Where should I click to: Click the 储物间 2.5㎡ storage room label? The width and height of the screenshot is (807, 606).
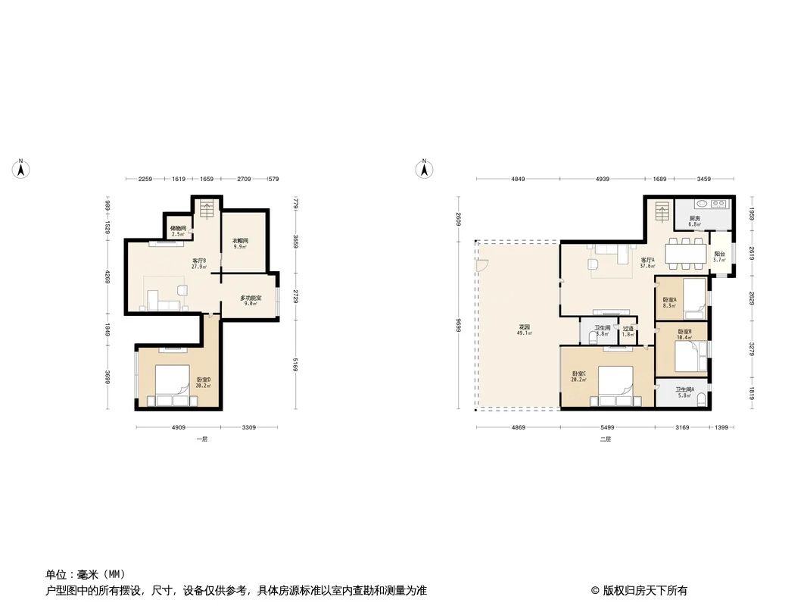click(x=179, y=230)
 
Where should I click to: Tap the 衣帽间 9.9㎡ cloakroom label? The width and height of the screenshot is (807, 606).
click(x=241, y=243)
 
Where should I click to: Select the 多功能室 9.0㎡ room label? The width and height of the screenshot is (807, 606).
click(x=251, y=301)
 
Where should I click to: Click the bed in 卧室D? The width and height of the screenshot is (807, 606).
click(x=173, y=383)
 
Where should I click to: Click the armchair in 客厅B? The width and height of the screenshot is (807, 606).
click(x=182, y=289)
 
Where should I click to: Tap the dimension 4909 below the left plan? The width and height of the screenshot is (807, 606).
click(x=178, y=428)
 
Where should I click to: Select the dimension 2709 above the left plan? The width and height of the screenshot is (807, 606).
click(x=244, y=180)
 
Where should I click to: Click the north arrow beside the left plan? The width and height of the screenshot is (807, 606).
click(x=22, y=170)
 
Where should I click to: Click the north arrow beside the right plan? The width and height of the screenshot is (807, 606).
click(x=425, y=170)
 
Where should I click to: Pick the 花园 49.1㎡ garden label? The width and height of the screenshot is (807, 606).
click(x=523, y=330)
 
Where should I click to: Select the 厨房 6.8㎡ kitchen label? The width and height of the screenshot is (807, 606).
click(x=694, y=221)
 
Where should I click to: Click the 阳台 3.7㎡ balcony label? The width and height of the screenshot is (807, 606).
click(x=719, y=257)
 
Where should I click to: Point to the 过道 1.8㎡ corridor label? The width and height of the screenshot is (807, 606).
click(x=628, y=331)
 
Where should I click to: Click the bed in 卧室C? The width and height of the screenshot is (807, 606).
click(x=615, y=383)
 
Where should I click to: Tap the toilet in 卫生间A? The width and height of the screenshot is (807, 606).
click(x=702, y=398)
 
